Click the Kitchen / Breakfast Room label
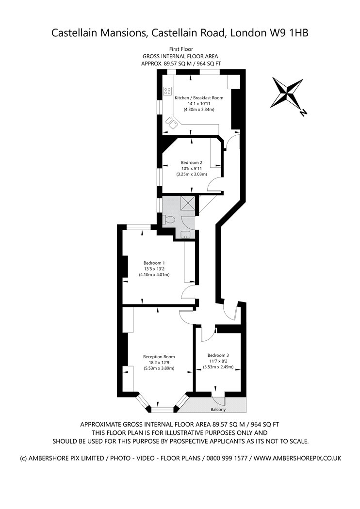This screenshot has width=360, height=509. tap(199, 98)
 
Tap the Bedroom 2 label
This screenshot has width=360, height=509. tap(192, 162)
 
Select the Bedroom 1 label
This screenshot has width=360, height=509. tap(154, 263)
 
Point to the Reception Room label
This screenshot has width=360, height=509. tap(159, 357)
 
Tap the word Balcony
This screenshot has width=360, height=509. tap(218, 410)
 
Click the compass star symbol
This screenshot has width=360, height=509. tap(287, 93)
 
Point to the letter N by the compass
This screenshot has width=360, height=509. tap(303, 113)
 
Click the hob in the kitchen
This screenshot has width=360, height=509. tap(167, 91)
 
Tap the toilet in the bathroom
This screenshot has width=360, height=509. tap(169, 220)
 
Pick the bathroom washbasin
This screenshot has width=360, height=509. tap(185, 234)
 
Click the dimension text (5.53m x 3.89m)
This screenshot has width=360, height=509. tap(159, 368)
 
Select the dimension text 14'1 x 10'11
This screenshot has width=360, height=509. tap(199, 104)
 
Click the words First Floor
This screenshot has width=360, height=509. tap(181, 49)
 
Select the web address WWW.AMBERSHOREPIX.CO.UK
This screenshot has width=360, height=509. tap(297, 459)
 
